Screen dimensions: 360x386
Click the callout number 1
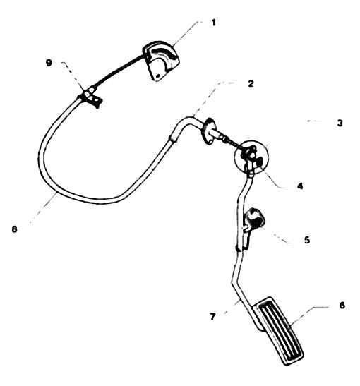pyautogui.click(x=213, y=23)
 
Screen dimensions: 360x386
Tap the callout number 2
pyautogui.click(x=251, y=84)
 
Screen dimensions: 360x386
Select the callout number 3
pyautogui.click(x=340, y=123)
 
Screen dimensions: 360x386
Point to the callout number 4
pyautogui.click(x=300, y=186)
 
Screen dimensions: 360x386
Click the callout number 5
pyautogui.click(x=307, y=240)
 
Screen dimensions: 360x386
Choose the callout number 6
pyautogui.click(x=342, y=306)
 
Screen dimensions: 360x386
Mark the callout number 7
pyautogui.click(x=212, y=317)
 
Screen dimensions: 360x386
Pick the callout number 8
pyautogui.click(x=15, y=229)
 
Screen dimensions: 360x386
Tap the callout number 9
pyautogui.click(x=49, y=63)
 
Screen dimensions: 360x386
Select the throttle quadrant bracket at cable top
pyautogui.click(x=160, y=61)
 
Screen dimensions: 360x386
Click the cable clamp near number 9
pyautogui.click(x=90, y=97)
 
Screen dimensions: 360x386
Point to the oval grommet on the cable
pyautogui.click(x=208, y=131)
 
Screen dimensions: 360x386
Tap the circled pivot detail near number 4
pyautogui.click(x=251, y=157)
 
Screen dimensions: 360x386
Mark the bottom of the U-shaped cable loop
pyautogui.click(x=99, y=200)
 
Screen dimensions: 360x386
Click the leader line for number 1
pyautogui.click(x=185, y=33)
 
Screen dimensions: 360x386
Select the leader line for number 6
pyautogui.click(x=308, y=315)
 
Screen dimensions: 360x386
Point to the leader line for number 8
pyautogui.click(x=43, y=208)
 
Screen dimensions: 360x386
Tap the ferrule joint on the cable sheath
pyautogui.click(x=173, y=138)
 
